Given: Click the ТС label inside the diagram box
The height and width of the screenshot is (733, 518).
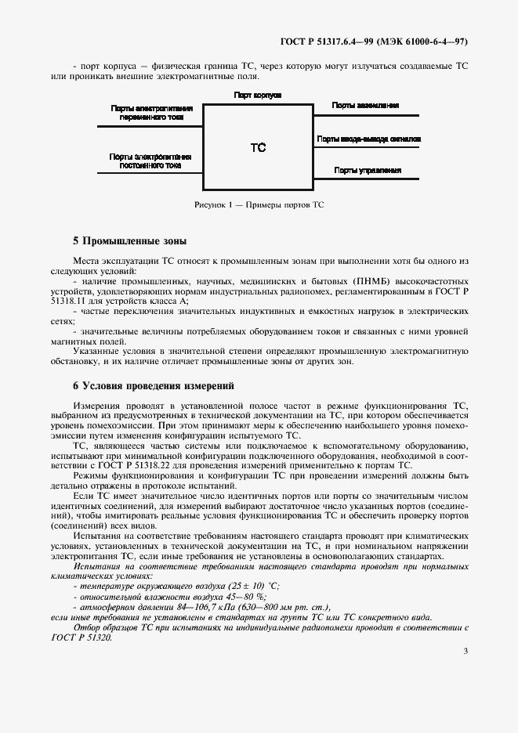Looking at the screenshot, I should point(259,146).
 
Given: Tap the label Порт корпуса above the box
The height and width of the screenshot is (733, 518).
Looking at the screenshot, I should point(258,94).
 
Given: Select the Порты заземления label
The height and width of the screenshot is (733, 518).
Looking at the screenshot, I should point(366,105).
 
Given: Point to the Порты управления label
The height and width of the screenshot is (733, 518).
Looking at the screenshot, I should point(368,170).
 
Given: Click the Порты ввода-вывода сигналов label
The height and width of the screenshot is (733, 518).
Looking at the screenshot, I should point(369,138).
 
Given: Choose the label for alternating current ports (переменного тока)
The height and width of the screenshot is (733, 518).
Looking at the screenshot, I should point(152,112).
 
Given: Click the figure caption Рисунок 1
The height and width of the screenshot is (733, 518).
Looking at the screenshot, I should point(259,205).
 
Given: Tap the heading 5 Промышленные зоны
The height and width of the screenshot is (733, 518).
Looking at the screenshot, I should point(129,240).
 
